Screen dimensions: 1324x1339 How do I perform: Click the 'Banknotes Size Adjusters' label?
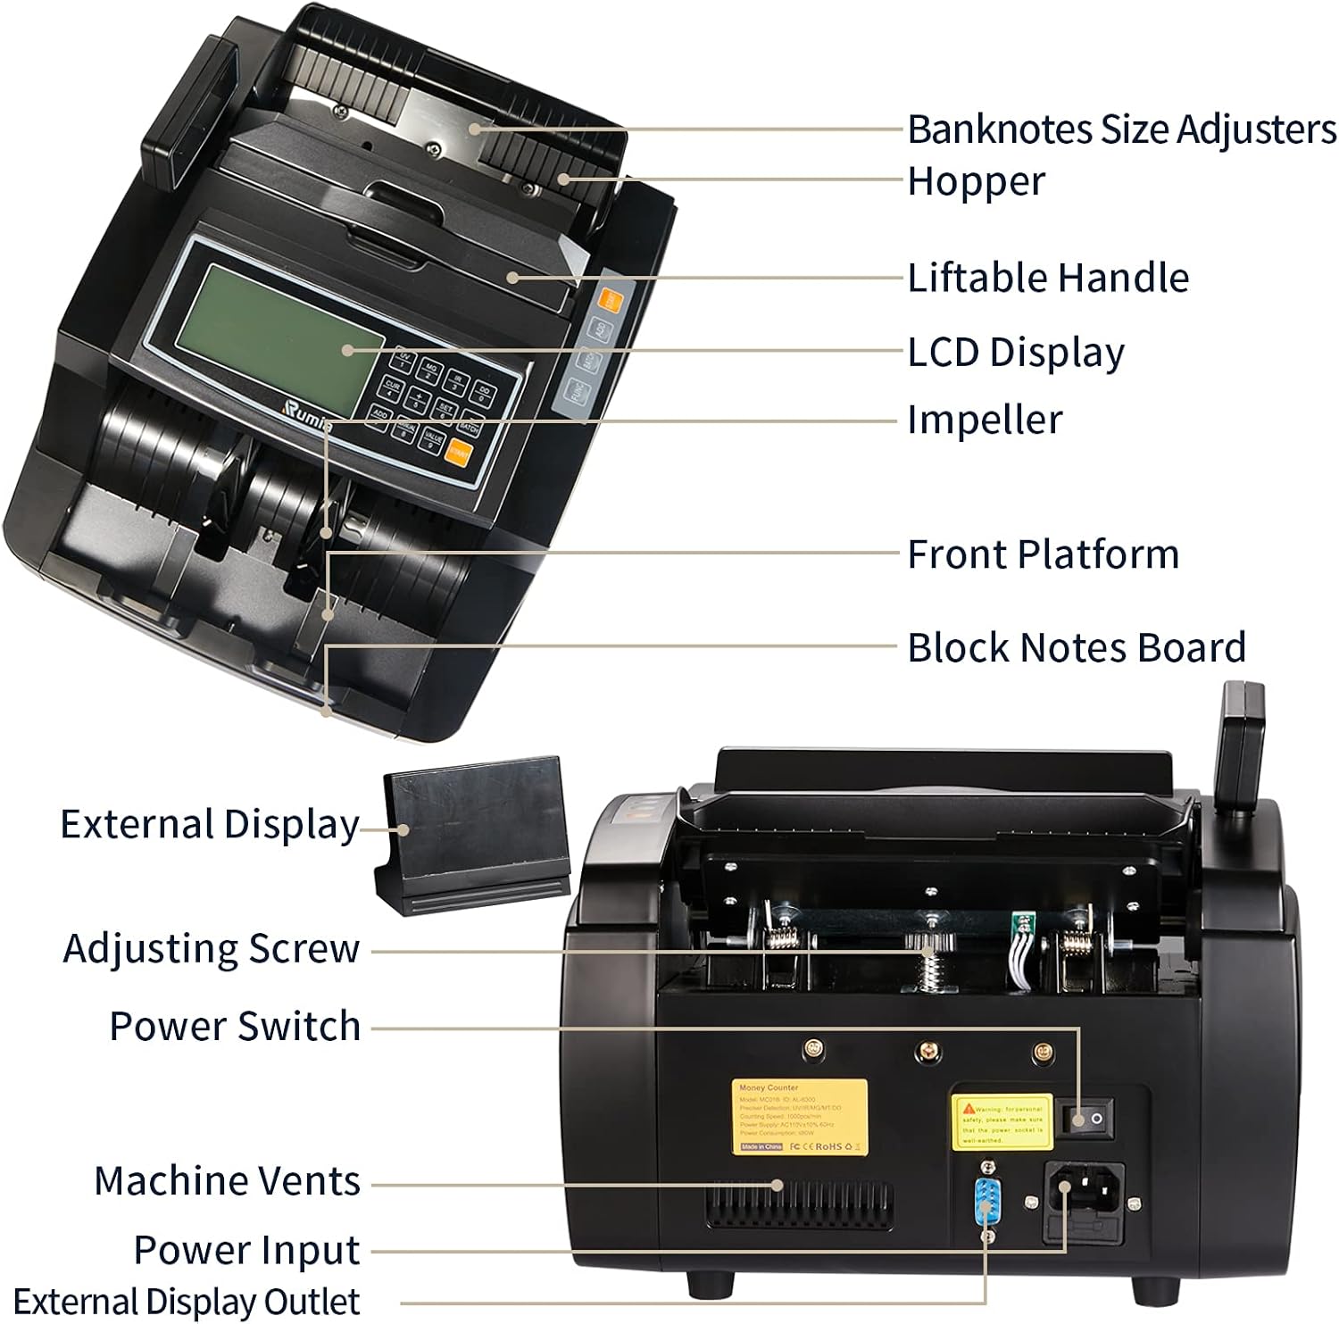point(1121,129)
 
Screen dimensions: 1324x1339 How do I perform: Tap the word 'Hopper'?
point(975,181)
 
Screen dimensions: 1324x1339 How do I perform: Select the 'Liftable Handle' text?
point(1047,278)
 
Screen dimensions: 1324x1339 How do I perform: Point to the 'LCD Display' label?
point(1015,352)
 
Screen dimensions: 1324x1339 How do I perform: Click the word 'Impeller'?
point(984,420)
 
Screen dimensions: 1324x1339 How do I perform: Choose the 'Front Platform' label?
point(1043,554)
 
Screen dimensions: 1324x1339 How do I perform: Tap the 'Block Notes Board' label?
point(1076,647)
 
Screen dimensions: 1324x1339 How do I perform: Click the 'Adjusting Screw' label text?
point(212,948)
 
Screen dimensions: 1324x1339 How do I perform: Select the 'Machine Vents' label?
point(227,1181)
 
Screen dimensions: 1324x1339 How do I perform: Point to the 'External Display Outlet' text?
point(187,1301)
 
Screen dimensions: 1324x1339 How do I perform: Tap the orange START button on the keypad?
point(461,453)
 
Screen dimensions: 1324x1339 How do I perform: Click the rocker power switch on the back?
point(1085,1118)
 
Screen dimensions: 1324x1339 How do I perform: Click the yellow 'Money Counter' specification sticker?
point(799,1116)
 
